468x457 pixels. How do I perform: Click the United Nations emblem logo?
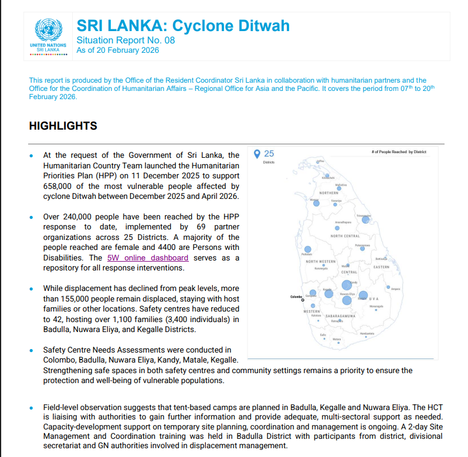click(x=48, y=30)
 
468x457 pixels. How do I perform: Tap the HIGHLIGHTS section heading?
click(x=63, y=126)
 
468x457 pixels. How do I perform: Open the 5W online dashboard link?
click(x=147, y=258)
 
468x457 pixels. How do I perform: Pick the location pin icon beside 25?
click(x=257, y=154)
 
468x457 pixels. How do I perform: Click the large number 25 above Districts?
click(x=269, y=154)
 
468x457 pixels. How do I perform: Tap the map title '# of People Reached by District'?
click(x=399, y=152)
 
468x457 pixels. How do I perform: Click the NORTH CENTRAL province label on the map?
click(x=345, y=236)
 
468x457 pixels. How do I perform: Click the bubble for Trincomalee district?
click(x=365, y=219)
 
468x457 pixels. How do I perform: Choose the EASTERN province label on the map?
click(x=381, y=267)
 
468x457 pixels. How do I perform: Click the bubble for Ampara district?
click(x=388, y=287)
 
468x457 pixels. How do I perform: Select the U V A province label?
click(x=374, y=299)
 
